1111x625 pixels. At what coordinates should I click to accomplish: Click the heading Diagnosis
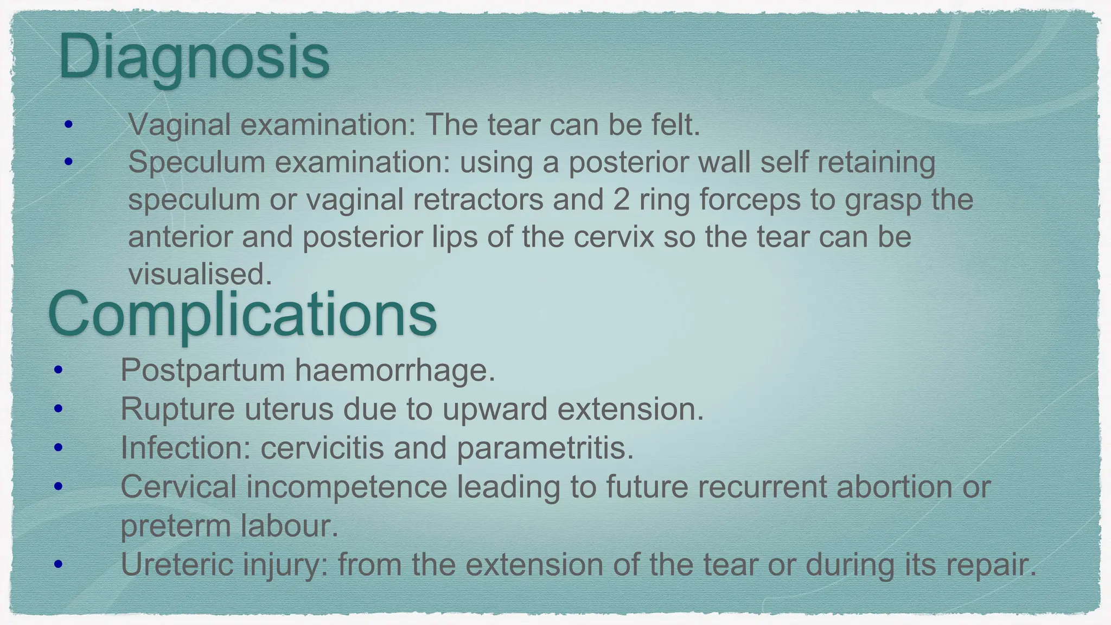click(194, 58)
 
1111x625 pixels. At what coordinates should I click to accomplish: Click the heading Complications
click(242, 315)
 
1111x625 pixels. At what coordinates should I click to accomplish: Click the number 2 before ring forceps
click(621, 199)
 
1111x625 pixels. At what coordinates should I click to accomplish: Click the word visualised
click(200, 274)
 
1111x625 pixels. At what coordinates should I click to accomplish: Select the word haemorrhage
click(395, 371)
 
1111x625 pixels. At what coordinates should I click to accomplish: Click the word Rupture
click(177, 409)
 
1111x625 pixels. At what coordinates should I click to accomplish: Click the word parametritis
click(545, 448)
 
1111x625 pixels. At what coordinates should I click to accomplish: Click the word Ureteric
click(176, 565)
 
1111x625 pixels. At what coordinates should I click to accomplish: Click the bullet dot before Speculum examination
click(68, 162)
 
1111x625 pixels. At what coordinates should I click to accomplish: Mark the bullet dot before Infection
click(59, 448)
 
